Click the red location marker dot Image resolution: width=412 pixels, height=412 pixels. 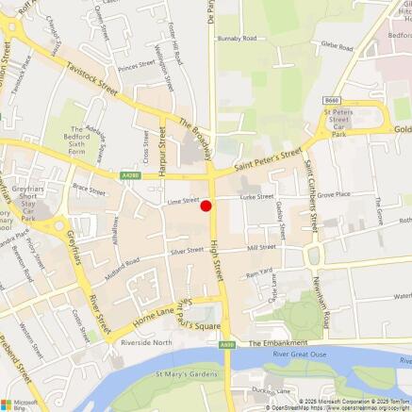(x=206, y=206)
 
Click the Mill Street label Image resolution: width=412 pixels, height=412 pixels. (x=261, y=247)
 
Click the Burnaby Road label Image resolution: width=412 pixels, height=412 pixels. (x=238, y=39)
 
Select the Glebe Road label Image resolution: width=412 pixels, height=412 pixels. (x=336, y=44)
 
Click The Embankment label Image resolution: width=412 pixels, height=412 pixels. (x=278, y=343)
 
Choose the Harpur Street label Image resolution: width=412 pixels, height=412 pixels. (x=162, y=148)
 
